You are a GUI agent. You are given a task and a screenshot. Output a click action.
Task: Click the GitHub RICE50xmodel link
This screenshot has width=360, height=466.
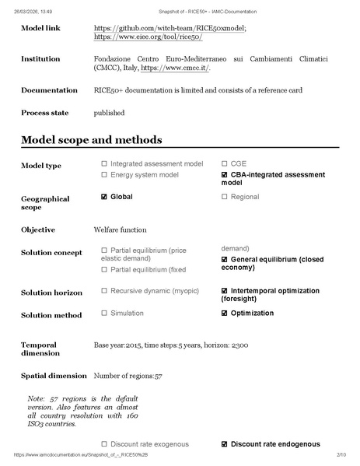tap(170, 28)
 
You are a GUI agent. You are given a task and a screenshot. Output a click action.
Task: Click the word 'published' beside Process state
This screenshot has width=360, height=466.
tap(109, 113)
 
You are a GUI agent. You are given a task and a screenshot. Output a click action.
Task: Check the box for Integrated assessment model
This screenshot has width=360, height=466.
tap(104, 164)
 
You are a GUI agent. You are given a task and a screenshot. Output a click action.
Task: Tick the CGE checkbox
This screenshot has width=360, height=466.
tap(225, 164)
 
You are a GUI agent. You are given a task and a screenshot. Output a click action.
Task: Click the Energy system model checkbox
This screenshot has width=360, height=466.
tap(104, 175)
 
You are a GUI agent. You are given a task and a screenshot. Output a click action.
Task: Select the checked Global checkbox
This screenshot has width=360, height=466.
tap(104, 197)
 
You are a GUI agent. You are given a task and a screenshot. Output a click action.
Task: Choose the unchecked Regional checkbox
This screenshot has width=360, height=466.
tap(225, 197)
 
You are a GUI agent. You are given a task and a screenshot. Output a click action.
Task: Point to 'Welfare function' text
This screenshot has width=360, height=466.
tap(120, 230)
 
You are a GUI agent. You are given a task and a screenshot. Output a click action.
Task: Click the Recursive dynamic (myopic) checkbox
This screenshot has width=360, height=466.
tap(104, 291)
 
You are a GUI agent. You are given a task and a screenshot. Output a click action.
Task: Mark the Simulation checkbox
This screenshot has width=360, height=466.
tap(104, 314)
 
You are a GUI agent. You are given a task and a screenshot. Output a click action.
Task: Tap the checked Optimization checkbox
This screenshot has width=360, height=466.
tap(225, 314)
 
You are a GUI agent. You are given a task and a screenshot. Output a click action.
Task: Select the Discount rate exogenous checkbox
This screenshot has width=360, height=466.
tap(104, 444)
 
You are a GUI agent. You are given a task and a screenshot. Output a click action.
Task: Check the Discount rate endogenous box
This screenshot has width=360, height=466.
tap(225, 444)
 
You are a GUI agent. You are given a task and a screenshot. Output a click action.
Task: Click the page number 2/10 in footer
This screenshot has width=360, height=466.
tap(341, 454)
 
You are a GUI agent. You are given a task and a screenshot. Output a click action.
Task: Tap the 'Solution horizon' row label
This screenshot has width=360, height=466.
tap(51, 293)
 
